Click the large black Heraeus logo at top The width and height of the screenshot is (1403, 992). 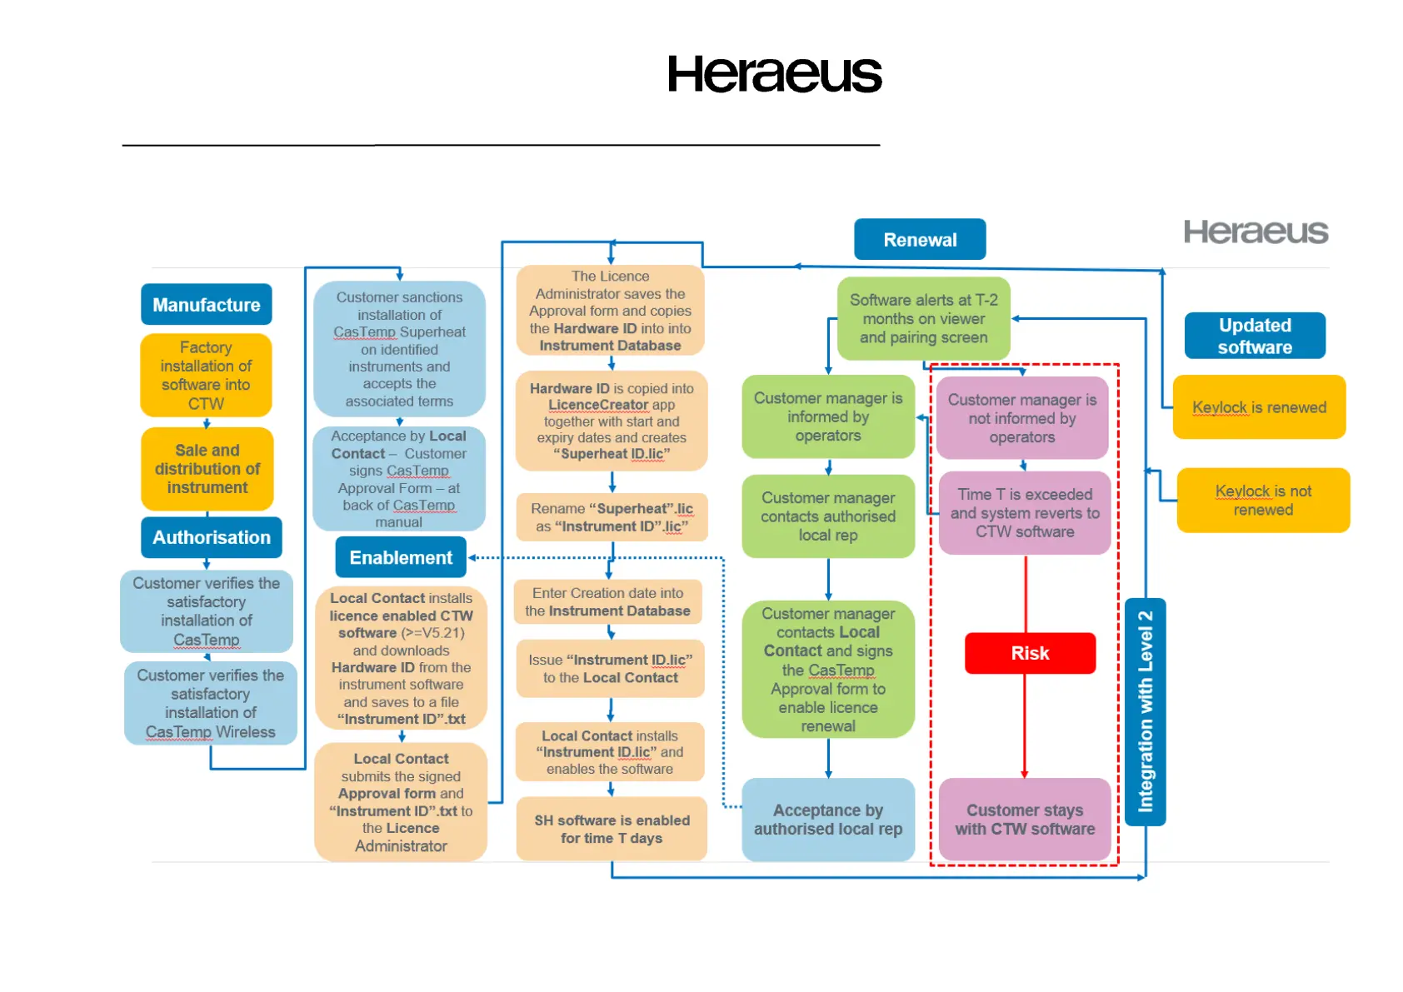click(774, 74)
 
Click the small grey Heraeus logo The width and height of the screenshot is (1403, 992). click(1256, 232)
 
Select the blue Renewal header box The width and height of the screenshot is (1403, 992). click(920, 240)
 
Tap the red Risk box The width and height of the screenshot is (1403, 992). click(1030, 653)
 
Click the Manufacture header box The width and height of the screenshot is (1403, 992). click(206, 305)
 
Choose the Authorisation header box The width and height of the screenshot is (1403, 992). click(212, 537)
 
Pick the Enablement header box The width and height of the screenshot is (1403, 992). click(401, 557)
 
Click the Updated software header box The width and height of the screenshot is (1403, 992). click(1255, 336)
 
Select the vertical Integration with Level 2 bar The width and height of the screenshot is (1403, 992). click(1146, 711)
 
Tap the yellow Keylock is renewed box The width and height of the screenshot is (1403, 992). click(1259, 407)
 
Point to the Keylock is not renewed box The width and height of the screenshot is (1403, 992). click(1263, 500)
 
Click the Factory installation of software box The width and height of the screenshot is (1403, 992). click(206, 375)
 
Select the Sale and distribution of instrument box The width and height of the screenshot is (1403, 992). click(207, 468)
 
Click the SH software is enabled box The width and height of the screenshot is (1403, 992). click(612, 829)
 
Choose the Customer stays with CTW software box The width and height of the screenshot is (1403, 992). click(1025, 820)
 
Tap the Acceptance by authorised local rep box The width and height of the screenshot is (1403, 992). click(828, 820)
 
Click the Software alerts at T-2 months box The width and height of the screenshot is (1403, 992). click(923, 318)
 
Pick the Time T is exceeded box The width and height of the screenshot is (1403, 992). click(1025, 512)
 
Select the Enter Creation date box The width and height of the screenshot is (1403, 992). click(607, 601)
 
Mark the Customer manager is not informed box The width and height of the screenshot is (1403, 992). click(1022, 418)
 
